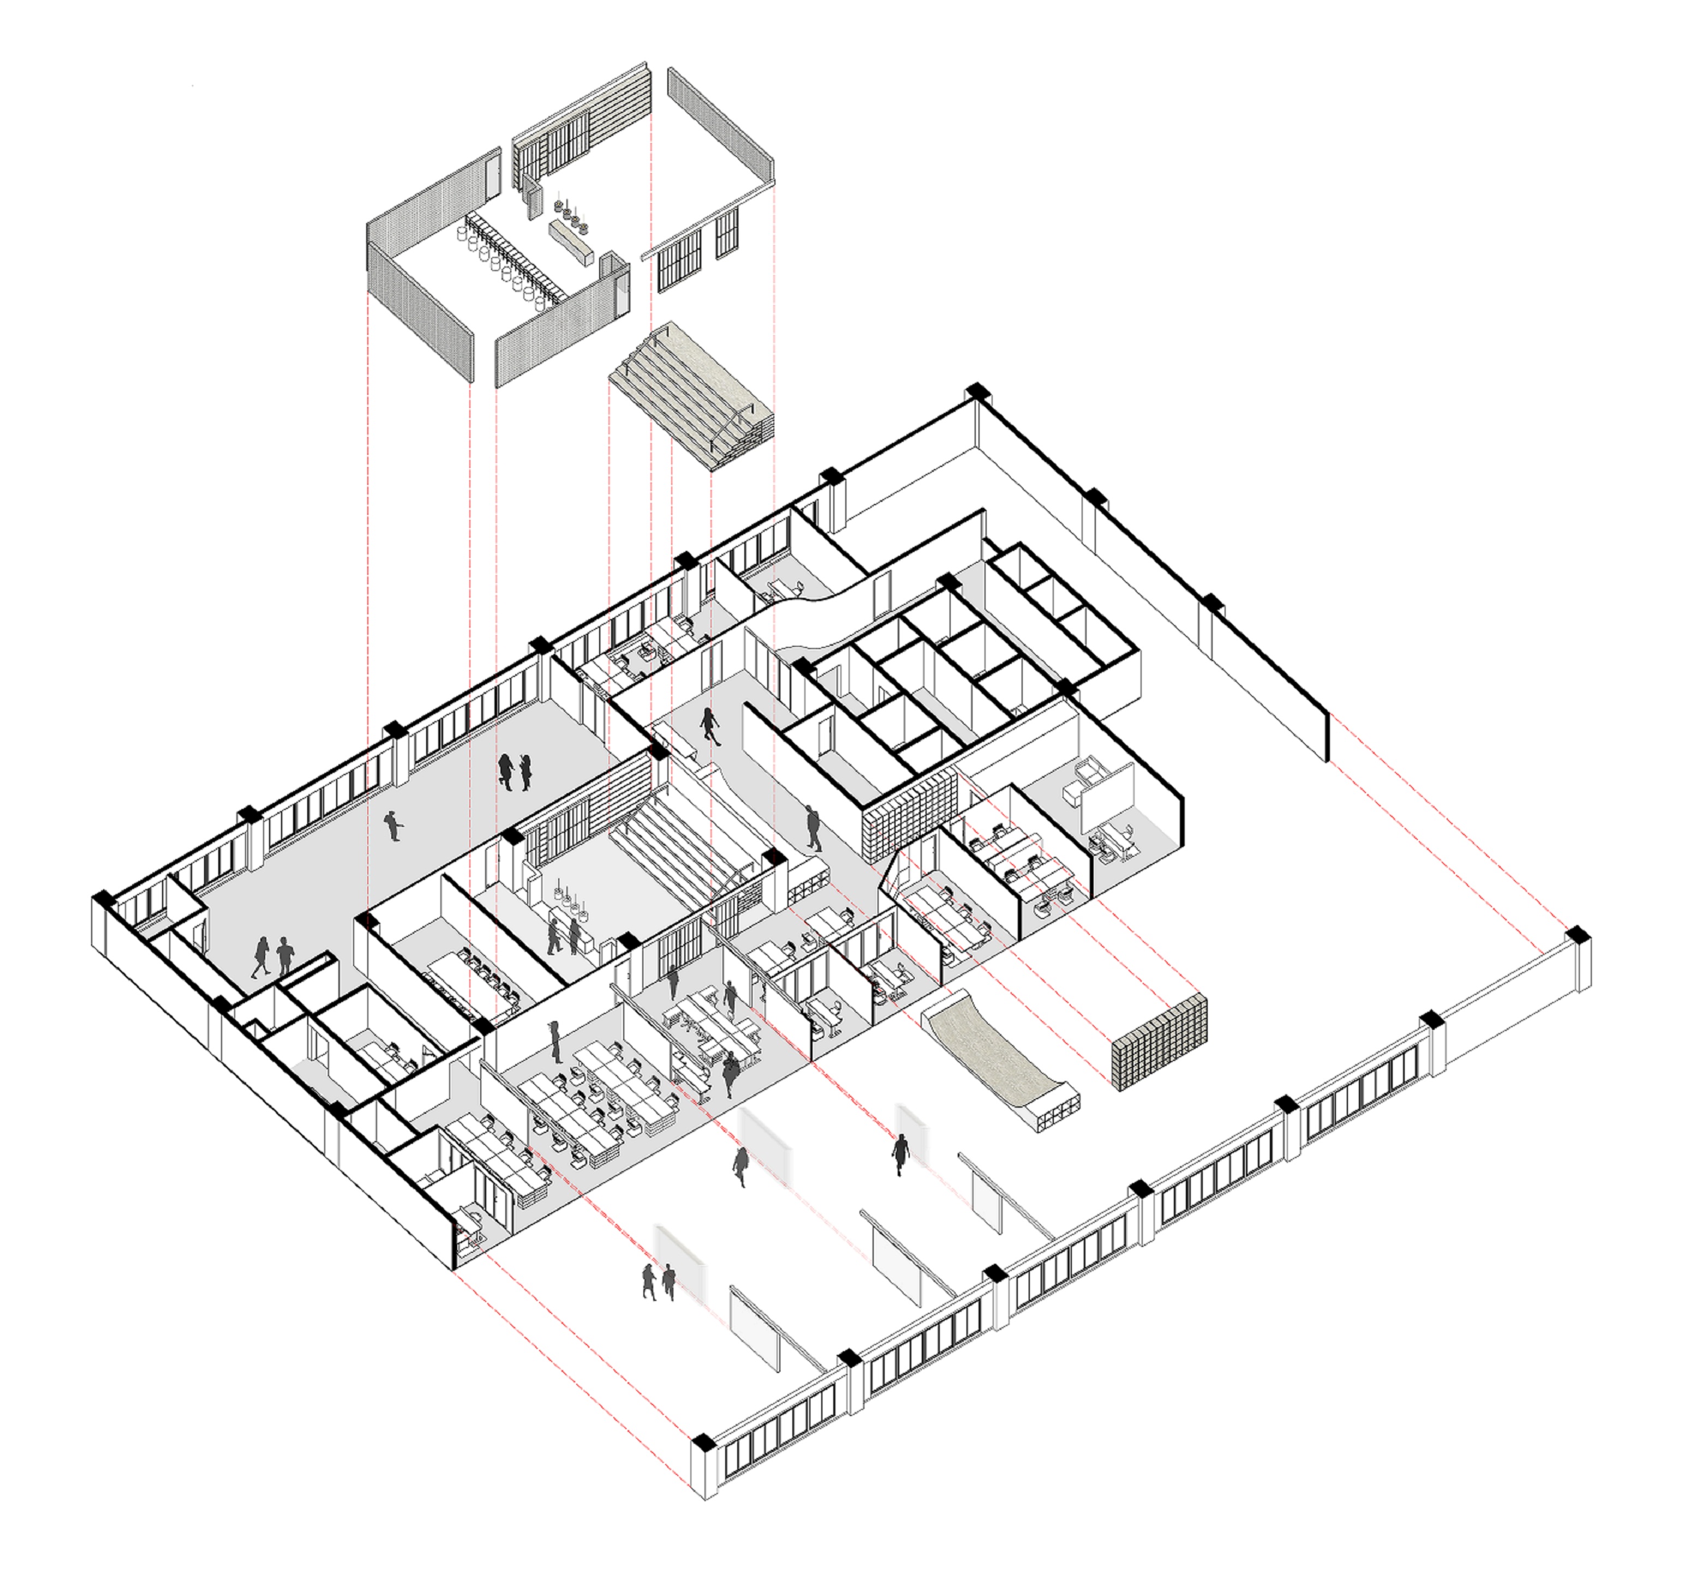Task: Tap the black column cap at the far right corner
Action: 1578,934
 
